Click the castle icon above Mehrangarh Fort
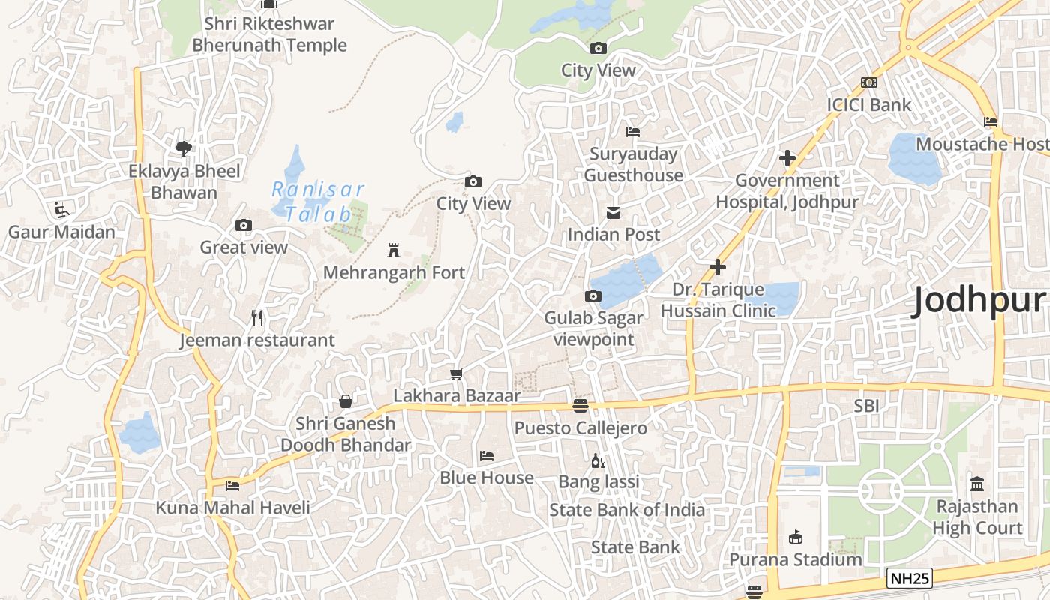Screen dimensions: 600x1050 coord(393,250)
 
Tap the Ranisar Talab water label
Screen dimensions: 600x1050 coord(317,202)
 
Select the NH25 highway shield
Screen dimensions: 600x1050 coord(909,578)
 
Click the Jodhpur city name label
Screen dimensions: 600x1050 coord(978,301)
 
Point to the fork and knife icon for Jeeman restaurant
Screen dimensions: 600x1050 coord(257,318)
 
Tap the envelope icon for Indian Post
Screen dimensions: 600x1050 coord(613,213)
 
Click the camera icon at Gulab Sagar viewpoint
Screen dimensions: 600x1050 coord(593,295)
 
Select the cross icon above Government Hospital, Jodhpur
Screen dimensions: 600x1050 coord(787,158)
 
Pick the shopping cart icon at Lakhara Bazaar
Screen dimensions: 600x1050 coord(456,373)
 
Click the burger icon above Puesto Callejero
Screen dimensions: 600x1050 coord(580,406)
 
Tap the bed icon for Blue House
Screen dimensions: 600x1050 coord(486,456)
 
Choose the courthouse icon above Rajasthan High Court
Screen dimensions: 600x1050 coord(976,484)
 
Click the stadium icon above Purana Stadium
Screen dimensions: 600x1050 coord(795,538)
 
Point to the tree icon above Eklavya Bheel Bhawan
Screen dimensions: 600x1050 coord(184,148)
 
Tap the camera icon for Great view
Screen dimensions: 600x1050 coord(243,225)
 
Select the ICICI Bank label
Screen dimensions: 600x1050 coord(868,104)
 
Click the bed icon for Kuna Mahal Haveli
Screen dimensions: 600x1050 coord(232,486)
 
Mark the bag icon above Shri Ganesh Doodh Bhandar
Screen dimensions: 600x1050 coord(345,401)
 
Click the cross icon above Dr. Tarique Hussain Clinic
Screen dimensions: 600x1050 coord(718,267)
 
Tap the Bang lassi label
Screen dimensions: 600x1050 coord(598,481)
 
